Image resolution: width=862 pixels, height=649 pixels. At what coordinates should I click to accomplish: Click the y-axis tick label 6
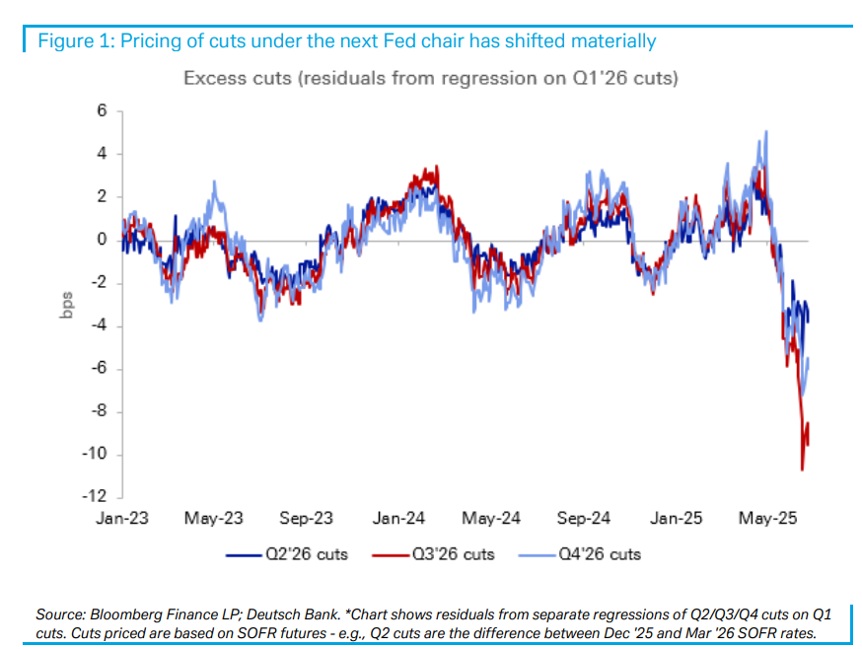[x=102, y=111]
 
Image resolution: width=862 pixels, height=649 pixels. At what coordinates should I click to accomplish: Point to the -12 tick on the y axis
[x=96, y=496]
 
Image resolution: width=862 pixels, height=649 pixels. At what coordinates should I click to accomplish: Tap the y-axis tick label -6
[x=99, y=369]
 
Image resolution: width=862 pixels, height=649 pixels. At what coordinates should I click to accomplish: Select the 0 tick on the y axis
[x=102, y=240]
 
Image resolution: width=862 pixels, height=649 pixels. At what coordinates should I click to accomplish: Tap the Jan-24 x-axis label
[x=400, y=518]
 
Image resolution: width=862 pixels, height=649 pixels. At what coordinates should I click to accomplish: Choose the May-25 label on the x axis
[x=767, y=518]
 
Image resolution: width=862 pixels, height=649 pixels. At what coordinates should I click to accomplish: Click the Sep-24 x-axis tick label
[x=584, y=518]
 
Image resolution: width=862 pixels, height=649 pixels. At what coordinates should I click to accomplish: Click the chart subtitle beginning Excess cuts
[x=430, y=78]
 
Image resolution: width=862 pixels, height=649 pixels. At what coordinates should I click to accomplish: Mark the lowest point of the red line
[x=802, y=469]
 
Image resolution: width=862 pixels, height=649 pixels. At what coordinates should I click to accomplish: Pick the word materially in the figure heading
[x=614, y=40]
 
